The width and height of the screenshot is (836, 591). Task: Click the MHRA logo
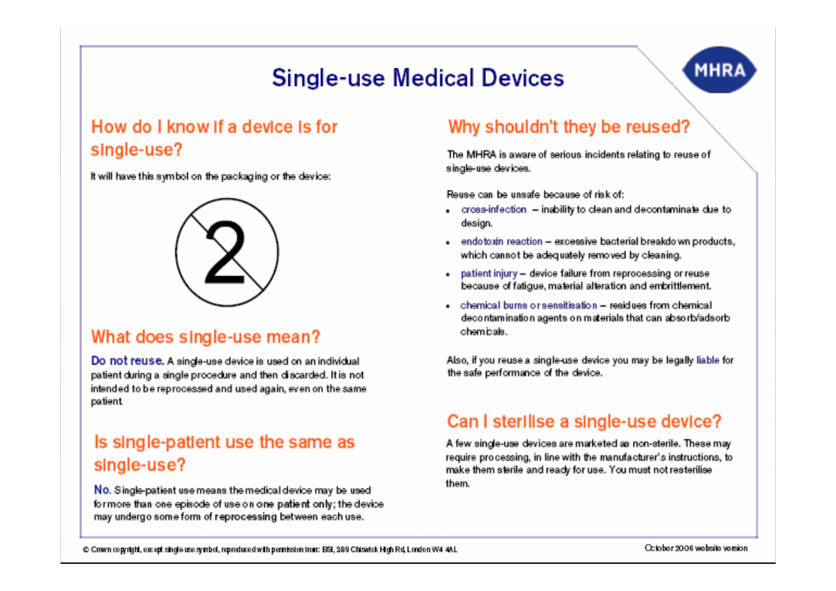(x=720, y=69)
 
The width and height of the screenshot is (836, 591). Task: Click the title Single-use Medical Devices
(x=418, y=78)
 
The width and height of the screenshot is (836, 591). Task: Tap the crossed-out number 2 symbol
(x=227, y=252)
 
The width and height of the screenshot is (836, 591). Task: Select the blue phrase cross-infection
(x=493, y=210)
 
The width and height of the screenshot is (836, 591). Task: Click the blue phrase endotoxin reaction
(x=502, y=242)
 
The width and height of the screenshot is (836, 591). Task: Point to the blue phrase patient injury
(x=489, y=274)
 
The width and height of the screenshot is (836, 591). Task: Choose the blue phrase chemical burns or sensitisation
(x=528, y=306)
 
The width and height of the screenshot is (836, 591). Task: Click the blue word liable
(x=708, y=360)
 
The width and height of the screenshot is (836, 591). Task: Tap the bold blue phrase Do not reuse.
(x=127, y=361)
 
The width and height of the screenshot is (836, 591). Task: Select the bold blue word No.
(x=102, y=490)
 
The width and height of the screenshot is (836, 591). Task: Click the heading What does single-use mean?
(x=206, y=337)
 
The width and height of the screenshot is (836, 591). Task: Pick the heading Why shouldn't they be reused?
(x=569, y=127)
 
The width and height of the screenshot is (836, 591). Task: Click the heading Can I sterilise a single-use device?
(x=584, y=422)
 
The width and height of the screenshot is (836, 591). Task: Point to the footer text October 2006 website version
(x=696, y=548)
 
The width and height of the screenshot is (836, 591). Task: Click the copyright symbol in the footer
(x=86, y=549)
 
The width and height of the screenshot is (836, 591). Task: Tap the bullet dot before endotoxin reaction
(x=448, y=244)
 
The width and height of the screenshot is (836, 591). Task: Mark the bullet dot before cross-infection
(x=448, y=211)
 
